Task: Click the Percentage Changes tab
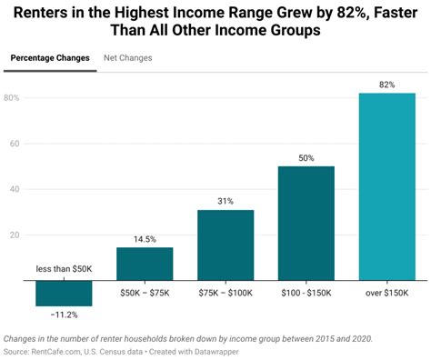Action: [50, 58]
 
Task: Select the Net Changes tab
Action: [128, 58]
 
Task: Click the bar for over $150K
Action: [386, 186]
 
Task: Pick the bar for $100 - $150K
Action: [306, 223]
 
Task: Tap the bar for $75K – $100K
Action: [226, 245]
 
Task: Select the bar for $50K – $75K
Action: [145, 264]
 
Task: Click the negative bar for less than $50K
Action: [63, 293]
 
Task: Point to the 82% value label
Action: [386, 85]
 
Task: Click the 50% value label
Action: [306, 158]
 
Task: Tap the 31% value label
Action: [226, 202]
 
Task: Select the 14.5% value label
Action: [145, 239]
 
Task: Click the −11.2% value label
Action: [63, 315]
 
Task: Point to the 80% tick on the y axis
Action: [13, 98]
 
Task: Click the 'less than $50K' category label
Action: [63, 270]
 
